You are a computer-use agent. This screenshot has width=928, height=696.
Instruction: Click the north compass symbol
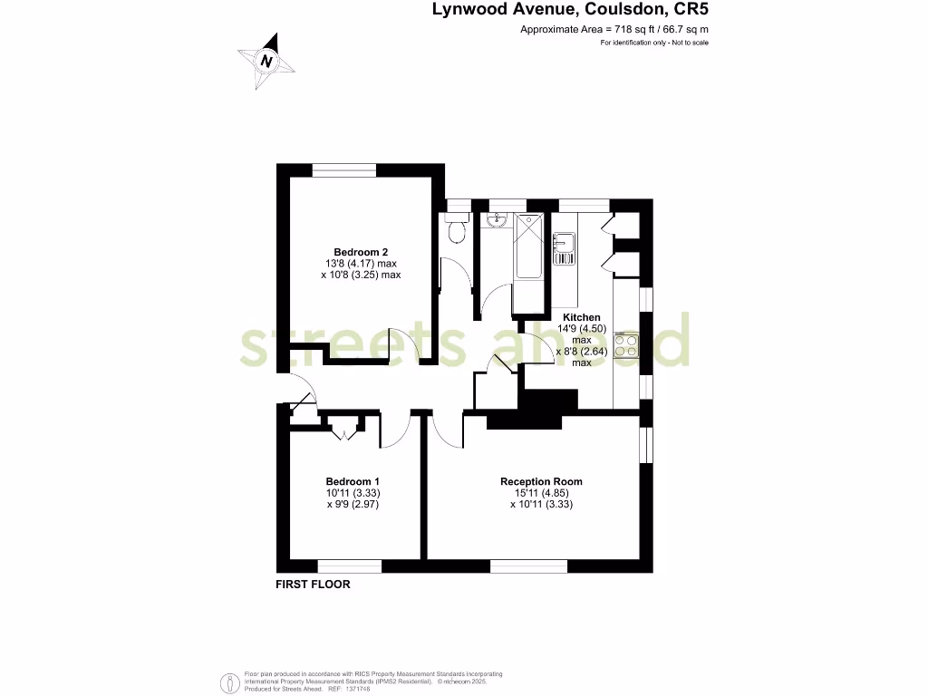point(266,61)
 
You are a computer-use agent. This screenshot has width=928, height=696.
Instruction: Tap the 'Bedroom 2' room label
point(361,252)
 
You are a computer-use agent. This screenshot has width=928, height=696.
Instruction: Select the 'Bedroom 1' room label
point(353,481)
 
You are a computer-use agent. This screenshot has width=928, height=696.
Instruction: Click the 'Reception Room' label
point(541,481)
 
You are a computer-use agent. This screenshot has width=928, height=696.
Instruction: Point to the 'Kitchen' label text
point(581,317)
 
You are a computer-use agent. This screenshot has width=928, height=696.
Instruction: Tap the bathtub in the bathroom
point(528,248)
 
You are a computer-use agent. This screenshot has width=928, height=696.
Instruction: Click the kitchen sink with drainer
point(564,248)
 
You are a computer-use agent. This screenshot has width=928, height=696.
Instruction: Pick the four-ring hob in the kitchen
point(626,346)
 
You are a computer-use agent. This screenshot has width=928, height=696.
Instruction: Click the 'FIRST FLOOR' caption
point(313,585)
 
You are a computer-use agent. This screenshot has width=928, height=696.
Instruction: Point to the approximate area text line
point(614,30)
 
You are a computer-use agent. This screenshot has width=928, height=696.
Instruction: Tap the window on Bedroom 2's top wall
point(344,169)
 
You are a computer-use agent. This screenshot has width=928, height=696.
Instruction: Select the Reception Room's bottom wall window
point(528,566)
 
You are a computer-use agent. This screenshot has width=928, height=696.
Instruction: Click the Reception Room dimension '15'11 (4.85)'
point(541,493)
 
